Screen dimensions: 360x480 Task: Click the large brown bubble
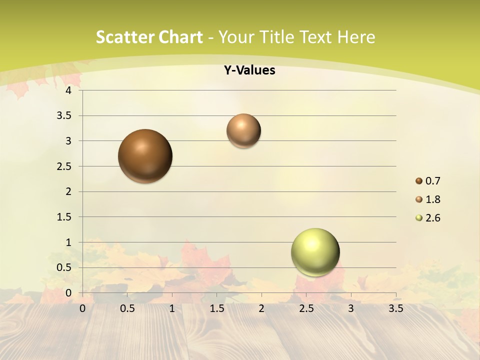click(x=145, y=156)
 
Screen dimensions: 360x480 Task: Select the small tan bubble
click(x=243, y=130)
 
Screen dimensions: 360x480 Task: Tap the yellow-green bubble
click(x=315, y=252)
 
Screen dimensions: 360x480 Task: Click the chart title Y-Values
click(x=249, y=70)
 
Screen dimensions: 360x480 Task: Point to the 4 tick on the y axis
click(x=69, y=90)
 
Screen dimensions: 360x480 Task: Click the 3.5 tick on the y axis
click(x=65, y=116)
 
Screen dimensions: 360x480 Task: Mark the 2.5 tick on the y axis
click(x=65, y=166)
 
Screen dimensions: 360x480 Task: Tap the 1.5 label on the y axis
click(x=65, y=217)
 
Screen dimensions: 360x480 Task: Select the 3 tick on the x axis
click(x=351, y=308)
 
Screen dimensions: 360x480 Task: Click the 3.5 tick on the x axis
click(x=395, y=308)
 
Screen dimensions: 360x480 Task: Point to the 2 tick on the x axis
click(x=261, y=308)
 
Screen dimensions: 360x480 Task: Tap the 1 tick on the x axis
click(x=172, y=308)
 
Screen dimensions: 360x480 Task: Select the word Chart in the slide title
click(x=180, y=37)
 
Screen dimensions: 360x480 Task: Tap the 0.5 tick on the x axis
click(x=127, y=308)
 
